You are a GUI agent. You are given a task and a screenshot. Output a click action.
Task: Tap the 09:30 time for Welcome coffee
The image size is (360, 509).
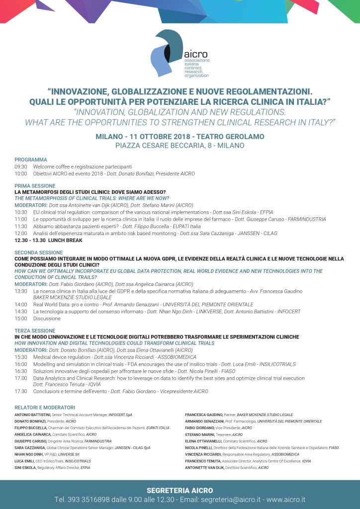21,167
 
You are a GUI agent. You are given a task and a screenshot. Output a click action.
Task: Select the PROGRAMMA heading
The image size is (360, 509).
31,160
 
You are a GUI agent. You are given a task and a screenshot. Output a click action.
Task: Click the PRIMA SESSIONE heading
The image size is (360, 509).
35,185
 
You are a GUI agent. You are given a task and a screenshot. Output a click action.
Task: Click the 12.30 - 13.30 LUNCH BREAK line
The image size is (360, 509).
49,240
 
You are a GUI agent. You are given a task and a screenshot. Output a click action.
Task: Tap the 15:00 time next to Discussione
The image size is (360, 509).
21,318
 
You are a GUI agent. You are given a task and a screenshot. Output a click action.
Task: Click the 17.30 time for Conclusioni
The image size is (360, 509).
21,391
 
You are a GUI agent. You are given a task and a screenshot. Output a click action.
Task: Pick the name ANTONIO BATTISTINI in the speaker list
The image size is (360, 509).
32,415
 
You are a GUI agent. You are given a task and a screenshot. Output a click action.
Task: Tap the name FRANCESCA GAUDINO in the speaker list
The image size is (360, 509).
204,415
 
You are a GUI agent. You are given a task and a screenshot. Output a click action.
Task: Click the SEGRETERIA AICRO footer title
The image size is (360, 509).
180,491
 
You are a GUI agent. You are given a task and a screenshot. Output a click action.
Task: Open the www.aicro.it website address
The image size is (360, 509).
286,499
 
